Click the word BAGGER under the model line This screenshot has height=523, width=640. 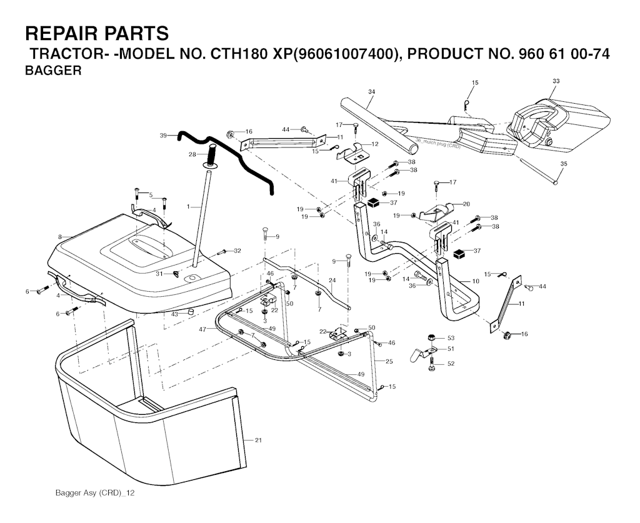tap(53, 71)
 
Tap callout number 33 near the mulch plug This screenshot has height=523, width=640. tap(556, 81)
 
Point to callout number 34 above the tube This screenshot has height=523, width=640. tap(371, 92)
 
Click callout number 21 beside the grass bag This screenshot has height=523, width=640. tap(258, 440)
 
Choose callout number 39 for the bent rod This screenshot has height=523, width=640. tap(163, 136)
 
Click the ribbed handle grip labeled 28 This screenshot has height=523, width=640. tap(212, 156)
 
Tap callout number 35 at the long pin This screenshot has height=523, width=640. tap(564, 164)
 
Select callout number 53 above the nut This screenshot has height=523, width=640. tap(451, 338)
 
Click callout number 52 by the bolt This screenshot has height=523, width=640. tap(451, 364)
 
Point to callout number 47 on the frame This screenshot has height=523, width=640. tap(202, 329)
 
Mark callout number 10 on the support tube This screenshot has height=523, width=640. tap(476, 281)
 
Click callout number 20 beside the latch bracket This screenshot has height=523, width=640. tap(466, 204)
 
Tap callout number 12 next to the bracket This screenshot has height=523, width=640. tap(375, 144)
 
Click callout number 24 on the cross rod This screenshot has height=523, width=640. tap(332, 281)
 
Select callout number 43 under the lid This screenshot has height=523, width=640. tap(175, 314)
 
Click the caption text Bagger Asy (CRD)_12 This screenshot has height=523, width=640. tap(95, 493)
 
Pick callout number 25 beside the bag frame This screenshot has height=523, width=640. tap(389, 361)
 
